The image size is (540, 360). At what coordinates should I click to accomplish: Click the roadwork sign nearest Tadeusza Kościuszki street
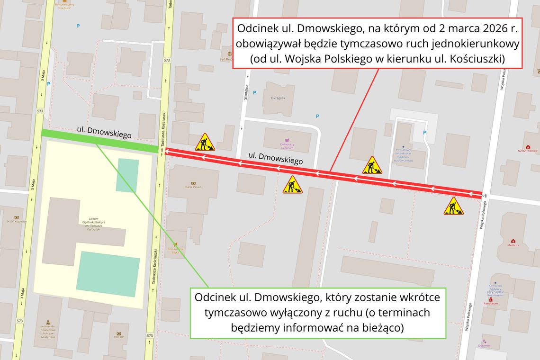coord(205,142)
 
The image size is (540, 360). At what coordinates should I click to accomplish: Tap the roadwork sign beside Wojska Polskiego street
coord(453,206)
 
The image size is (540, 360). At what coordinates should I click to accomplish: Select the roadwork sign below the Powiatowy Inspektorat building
coord(372,165)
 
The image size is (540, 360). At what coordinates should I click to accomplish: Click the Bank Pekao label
coord(193,187)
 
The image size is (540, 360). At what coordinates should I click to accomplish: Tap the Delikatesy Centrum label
coord(288,146)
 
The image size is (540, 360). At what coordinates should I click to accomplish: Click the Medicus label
coord(513,245)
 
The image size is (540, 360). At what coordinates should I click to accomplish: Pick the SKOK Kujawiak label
coord(17,221)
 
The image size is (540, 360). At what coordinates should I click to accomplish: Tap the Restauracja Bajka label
coord(175,252)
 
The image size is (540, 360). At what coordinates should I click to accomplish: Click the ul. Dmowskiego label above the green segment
coord(104,132)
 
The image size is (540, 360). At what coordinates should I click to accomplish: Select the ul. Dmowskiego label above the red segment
coord(275,158)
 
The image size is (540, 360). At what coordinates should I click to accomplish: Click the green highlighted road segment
coord(99,141)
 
